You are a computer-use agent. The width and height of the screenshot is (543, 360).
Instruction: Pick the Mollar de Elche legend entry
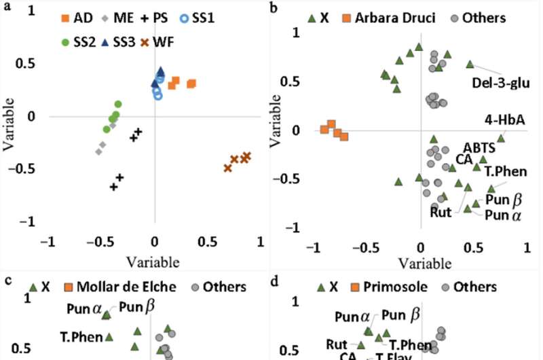tap(120, 287)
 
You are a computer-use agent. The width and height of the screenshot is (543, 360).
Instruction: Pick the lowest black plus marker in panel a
tap(114, 186)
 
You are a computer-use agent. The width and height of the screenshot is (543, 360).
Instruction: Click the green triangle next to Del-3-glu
tap(470, 65)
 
